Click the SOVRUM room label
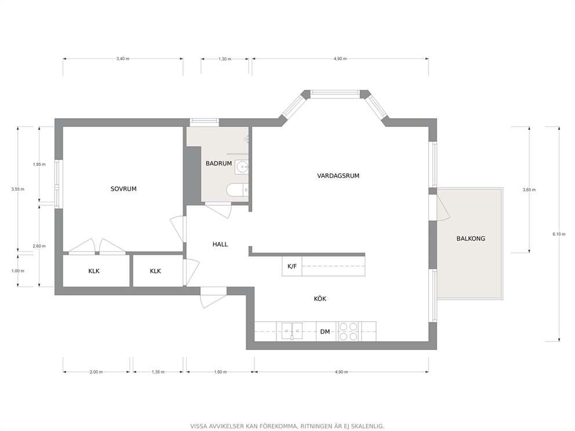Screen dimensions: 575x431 click(123, 189)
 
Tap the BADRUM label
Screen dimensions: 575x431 click(219, 163)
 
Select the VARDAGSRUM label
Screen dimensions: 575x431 click(338, 176)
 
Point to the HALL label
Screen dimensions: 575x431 click(220, 244)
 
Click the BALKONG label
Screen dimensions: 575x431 click(471, 239)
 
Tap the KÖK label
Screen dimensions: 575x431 click(320, 299)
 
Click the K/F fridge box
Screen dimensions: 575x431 click(292, 266)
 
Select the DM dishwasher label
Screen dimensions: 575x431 click(325, 332)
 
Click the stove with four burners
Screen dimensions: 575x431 click(348, 331)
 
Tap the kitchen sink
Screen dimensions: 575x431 click(292, 331)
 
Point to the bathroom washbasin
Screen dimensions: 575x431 click(242, 167)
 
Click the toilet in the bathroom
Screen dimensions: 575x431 click(237, 190)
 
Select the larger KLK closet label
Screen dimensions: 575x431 click(94, 271)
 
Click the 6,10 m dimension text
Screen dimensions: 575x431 click(559, 234)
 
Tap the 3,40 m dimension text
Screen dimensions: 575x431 click(123, 59)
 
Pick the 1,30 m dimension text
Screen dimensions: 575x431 click(225, 59)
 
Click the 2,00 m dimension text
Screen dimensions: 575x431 click(96, 372)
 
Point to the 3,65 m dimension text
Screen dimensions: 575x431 click(529, 190)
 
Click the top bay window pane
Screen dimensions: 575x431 click(335, 94)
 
